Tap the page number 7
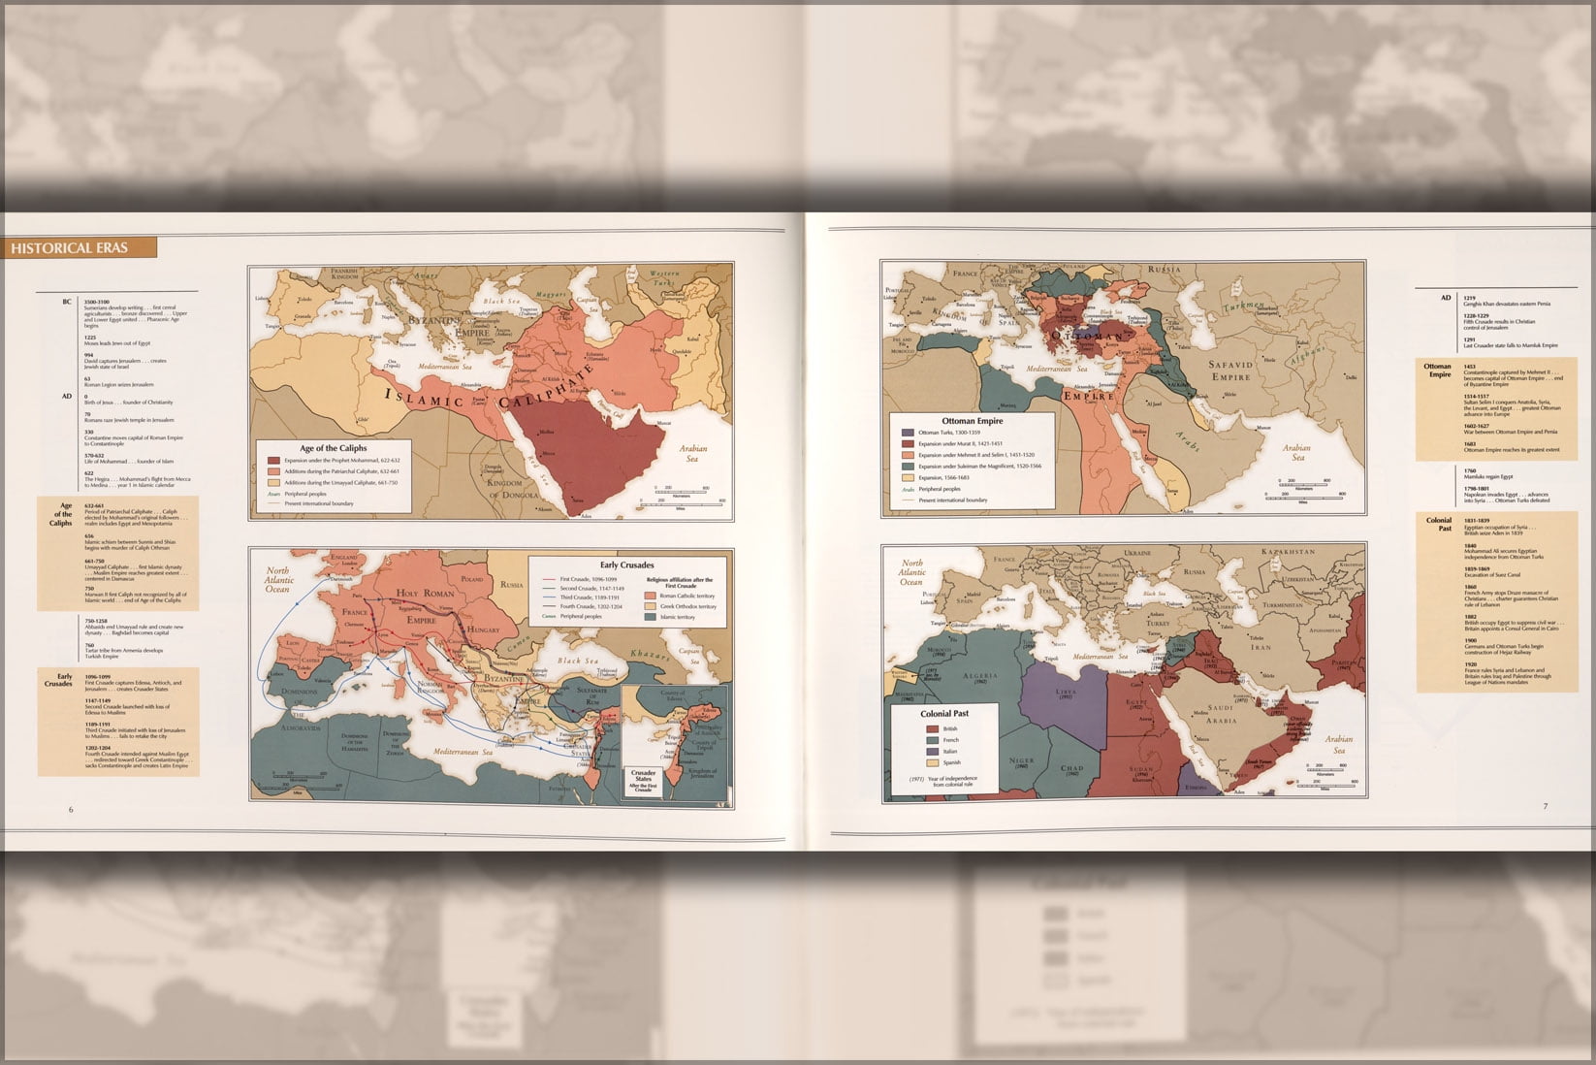(x=1546, y=806)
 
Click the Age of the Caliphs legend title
(x=333, y=448)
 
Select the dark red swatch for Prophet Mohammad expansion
(x=274, y=461)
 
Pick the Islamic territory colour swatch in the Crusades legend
(x=651, y=617)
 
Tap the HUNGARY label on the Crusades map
(x=482, y=629)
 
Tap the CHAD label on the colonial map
(x=1071, y=769)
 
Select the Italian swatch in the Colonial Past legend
(x=932, y=751)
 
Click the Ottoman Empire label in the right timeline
(x=1437, y=371)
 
